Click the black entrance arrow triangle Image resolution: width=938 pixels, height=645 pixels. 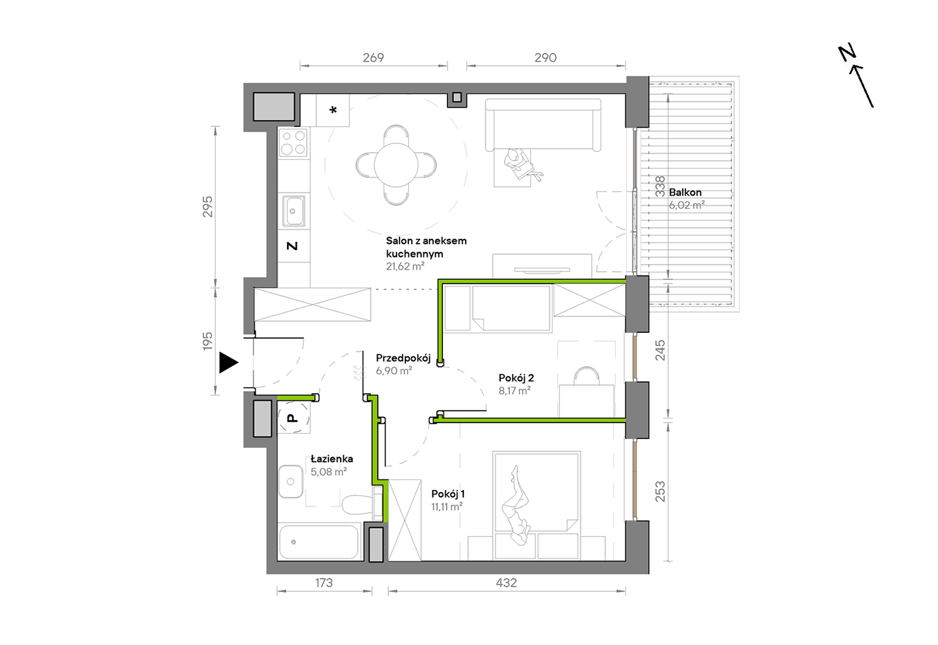[228, 363]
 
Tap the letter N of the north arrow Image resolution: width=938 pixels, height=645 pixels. [847, 53]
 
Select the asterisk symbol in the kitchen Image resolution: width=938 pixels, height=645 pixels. [333, 110]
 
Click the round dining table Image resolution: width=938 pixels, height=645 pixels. [396, 165]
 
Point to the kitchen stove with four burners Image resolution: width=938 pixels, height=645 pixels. [293, 142]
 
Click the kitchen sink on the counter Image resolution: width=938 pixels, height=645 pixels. [293, 211]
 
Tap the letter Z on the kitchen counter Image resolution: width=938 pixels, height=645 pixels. [292, 245]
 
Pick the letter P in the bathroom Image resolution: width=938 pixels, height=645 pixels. [293, 418]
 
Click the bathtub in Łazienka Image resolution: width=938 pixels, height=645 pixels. [319, 542]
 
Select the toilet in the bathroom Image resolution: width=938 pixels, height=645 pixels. [357, 504]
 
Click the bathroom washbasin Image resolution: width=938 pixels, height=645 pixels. [290, 482]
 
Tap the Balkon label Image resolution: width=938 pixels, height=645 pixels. [685, 193]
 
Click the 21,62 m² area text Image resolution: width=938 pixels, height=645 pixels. [405, 266]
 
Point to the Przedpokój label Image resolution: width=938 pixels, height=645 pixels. [403, 358]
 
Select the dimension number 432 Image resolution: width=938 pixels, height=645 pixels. [507, 583]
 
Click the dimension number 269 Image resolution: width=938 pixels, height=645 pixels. [373, 58]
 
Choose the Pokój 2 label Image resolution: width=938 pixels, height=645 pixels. [516, 378]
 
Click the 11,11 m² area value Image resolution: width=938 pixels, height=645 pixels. [447, 507]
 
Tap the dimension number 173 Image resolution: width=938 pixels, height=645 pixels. [324, 583]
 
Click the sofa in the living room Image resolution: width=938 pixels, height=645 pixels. [543, 124]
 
